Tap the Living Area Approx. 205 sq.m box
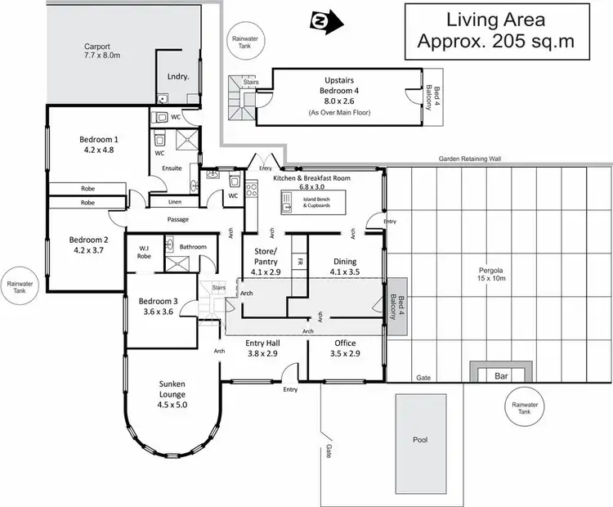[x=498, y=31]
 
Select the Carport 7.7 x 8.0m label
[x=102, y=51]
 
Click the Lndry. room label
[x=177, y=75]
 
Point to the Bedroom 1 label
[x=98, y=144]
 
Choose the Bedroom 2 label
[x=87, y=245]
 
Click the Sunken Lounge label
[x=172, y=397]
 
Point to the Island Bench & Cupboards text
[x=320, y=203]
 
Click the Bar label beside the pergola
[x=500, y=377]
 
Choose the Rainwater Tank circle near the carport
[x=244, y=39]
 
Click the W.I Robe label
[x=143, y=251]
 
